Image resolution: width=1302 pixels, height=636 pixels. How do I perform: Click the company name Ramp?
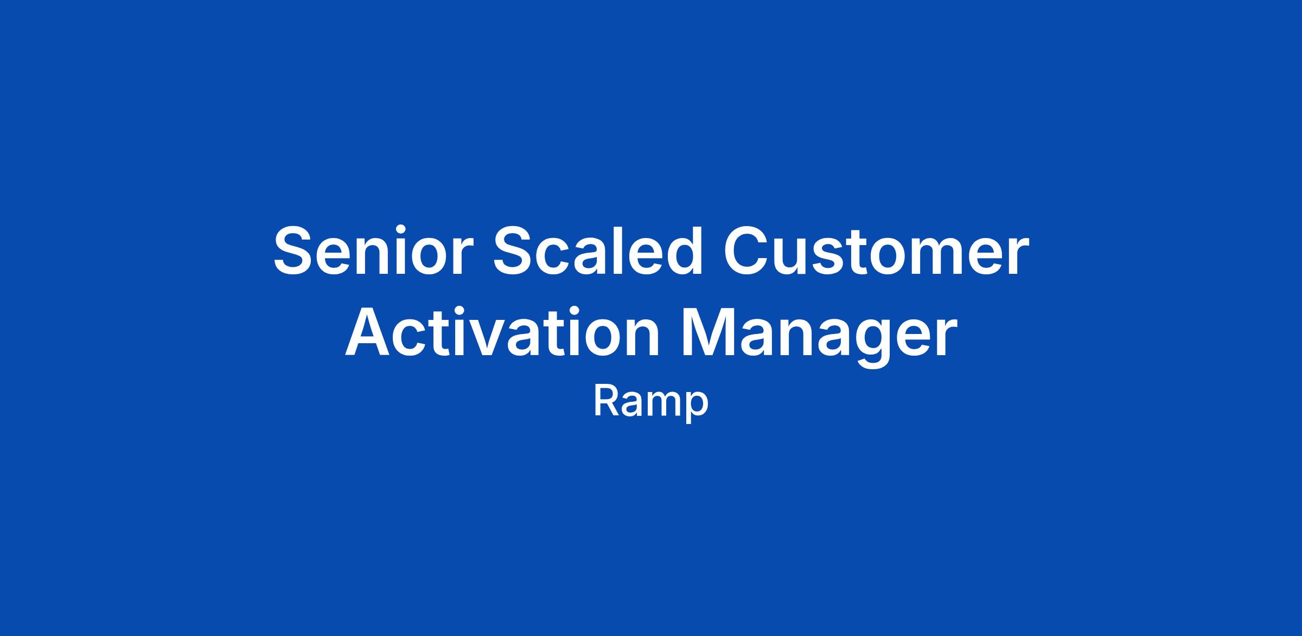point(651,402)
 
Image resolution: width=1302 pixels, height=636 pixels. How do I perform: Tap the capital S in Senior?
point(295,250)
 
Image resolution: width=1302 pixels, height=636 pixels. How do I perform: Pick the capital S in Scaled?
point(514,250)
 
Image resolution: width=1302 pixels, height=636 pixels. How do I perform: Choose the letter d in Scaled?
point(683,250)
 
